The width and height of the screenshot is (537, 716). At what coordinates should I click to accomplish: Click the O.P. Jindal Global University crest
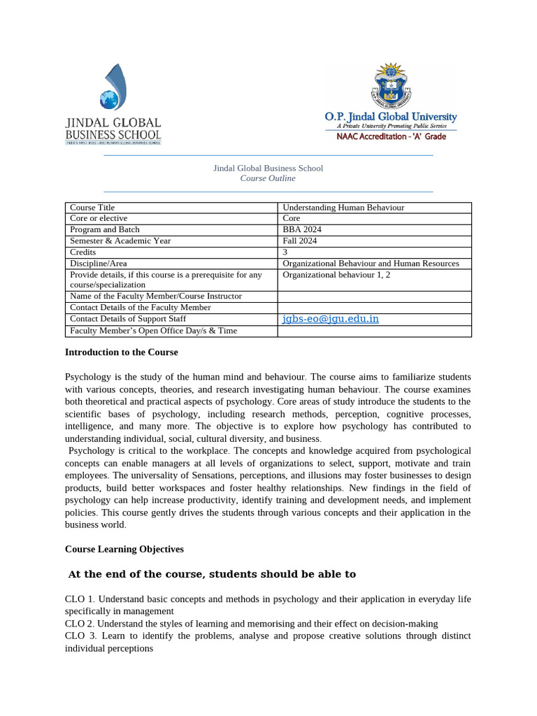(390, 87)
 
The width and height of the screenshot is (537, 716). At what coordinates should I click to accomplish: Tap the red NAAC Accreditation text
(391, 136)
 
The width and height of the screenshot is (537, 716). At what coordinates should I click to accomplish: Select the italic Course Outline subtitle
(268, 178)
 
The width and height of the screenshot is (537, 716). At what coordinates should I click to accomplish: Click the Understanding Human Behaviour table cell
(343, 208)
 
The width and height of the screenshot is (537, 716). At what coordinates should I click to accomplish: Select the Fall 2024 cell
(300, 241)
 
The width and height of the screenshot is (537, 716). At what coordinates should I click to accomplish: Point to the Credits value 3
(285, 252)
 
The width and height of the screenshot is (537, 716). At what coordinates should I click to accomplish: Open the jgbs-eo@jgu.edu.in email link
(330, 319)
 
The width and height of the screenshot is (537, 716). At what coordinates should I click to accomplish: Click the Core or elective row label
(99, 218)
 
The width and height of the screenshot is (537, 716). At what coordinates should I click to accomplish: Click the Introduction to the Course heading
(121, 352)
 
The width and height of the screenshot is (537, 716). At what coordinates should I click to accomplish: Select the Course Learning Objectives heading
(124, 549)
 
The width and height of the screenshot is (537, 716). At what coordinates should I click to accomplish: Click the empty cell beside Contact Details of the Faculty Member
(374, 308)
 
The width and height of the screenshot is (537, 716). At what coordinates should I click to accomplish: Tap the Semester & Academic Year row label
(120, 241)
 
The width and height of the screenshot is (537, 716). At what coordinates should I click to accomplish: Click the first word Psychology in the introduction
(87, 377)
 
